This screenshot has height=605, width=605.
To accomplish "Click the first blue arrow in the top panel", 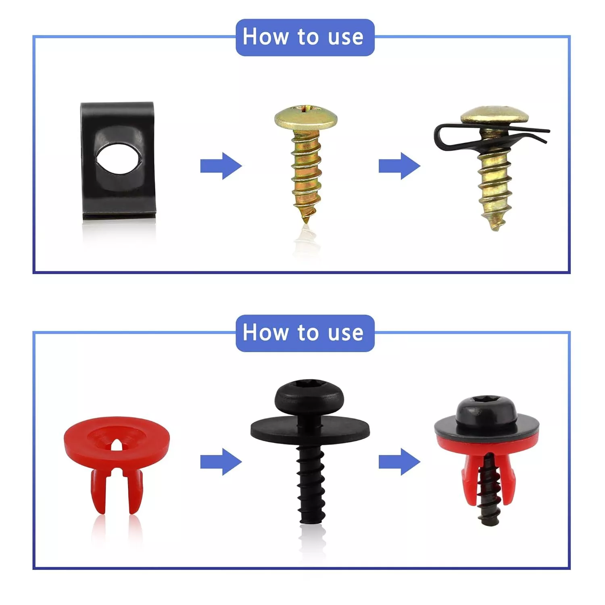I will [221, 166].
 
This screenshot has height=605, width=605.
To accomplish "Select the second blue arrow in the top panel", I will [399, 166].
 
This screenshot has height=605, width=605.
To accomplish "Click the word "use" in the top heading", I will [345, 37].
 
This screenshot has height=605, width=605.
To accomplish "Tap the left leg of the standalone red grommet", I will [98, 492].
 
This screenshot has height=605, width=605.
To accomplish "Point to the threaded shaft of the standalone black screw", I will [311, 484].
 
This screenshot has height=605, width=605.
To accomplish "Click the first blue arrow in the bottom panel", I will [221, 462].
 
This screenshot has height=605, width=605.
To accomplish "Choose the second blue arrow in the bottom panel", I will [399, 462].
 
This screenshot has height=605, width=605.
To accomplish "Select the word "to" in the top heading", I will [309, 37].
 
